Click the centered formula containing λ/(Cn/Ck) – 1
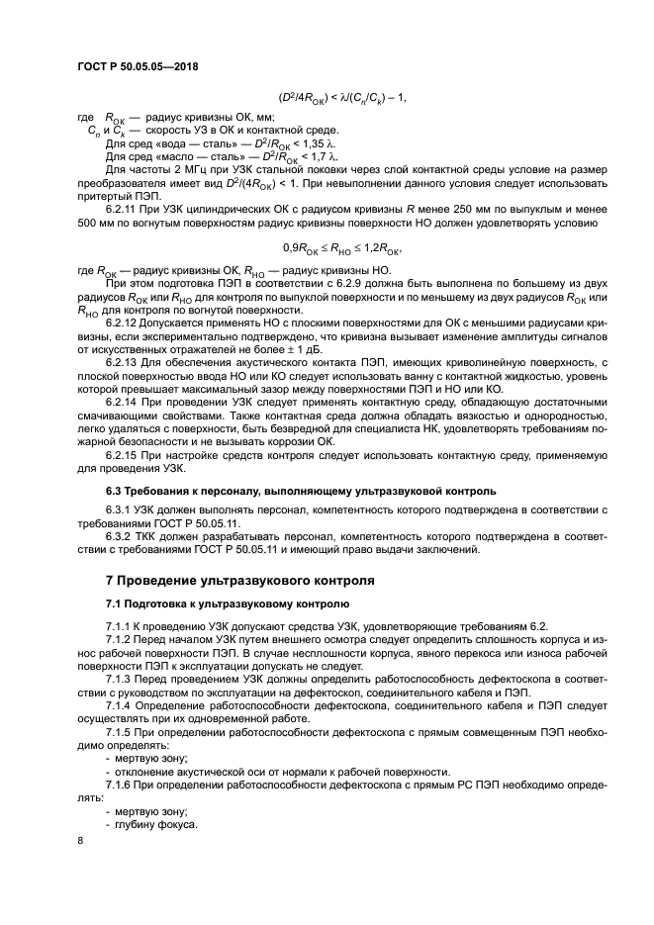pos(343,97)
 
